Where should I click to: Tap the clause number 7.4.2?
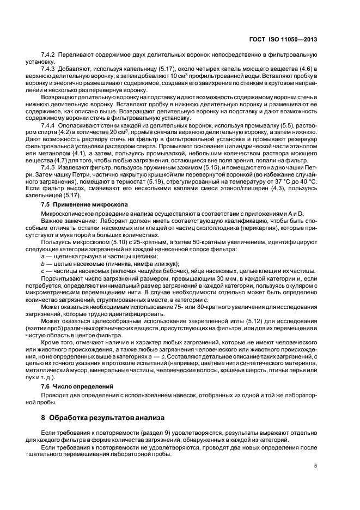coord(48,56)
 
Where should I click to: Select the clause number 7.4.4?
coord(48,125)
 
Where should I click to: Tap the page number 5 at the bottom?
coord(315,466)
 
